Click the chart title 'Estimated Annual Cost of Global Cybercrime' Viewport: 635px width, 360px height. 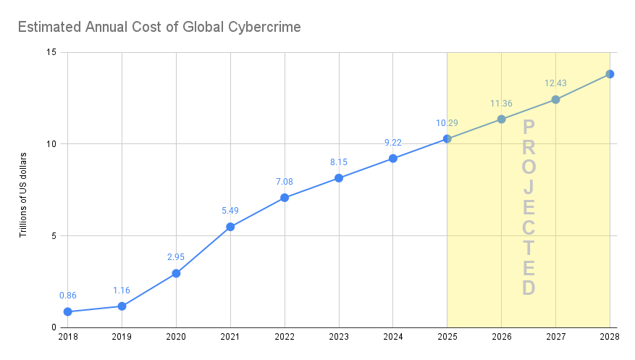pyautogui.click(x=159, y=28)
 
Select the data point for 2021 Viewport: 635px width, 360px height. pyautogui.click(x=230, y=227)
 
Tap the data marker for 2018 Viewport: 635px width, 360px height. pyautogui.click(x=67, y=311)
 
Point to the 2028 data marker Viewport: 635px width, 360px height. pyautogui.click(x=610, y=74)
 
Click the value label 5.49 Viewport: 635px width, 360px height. pyautogui.click(x=230, y=211)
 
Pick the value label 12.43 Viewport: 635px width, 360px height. pyautogui.click(x=555, y=84)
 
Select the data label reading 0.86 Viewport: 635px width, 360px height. pyautogui.click(x=67, y=296)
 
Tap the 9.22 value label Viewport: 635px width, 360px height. pyautogui.click(x=392, y=143)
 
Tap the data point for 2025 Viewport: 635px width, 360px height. pyautogui.click(x=447, y=138)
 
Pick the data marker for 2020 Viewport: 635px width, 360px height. pyautogui.click(x=176, y=273)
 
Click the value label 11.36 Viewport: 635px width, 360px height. pyautogui.click(x=501, y=104)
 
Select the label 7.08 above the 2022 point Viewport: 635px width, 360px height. pyautogui.click(x=285, y=182)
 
